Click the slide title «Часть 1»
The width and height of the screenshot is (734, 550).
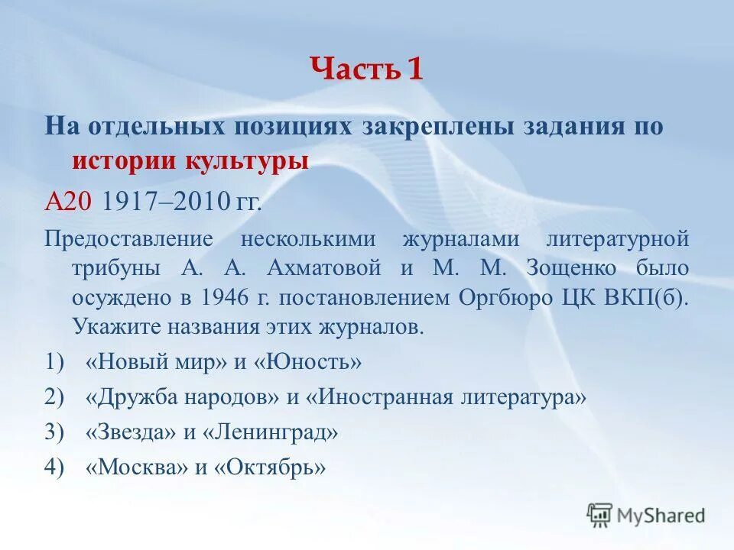[x=366, y=70]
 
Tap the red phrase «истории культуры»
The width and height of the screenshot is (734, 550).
[x=190, y=161]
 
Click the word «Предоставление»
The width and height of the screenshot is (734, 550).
[x=128, y=238]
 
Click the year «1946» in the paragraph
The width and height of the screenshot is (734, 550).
[x=224, y=298]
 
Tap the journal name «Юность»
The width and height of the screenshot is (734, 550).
[x=311, y=362]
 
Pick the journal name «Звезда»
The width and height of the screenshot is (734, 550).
[x=131, y=432]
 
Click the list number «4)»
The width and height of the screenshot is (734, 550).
[x=54, y=467]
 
